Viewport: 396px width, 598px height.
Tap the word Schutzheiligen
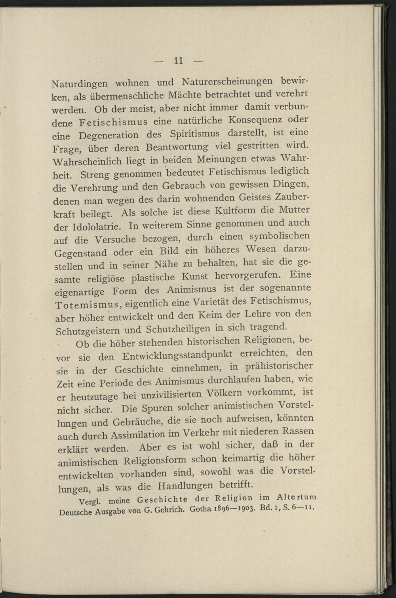[x=178, y=329]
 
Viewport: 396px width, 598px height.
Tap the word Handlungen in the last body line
[x=185, y=486]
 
